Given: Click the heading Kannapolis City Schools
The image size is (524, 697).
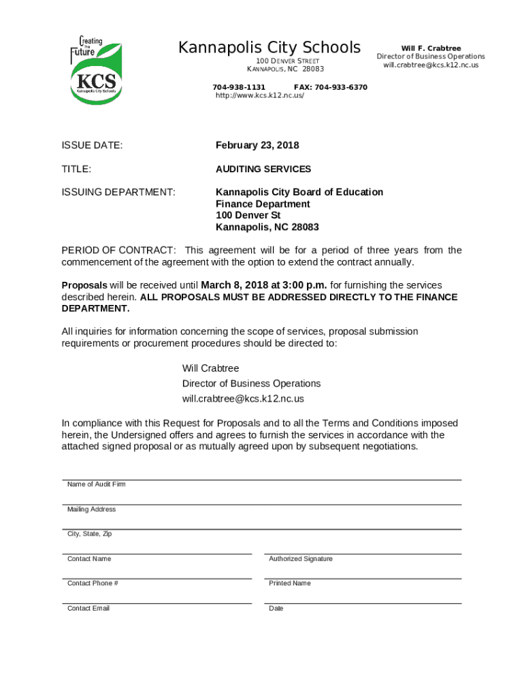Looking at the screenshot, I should click(x=269, y=48).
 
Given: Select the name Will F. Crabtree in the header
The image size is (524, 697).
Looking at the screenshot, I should click(x=431, y=48).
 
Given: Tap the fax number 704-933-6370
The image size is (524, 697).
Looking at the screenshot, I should click(x=330, y=88).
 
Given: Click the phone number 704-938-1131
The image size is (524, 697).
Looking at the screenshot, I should click(x=239, y=88).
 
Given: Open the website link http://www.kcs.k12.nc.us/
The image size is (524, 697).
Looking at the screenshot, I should click(x=259, y=96).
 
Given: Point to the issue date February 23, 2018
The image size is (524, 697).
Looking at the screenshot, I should click(x=257, y=146).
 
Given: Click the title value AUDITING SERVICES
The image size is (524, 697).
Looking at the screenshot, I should click(x=263, y=169).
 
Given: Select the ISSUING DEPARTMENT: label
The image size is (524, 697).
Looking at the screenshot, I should click(x=118, y=193).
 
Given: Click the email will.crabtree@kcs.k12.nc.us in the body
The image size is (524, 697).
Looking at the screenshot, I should click(x=243, y=399).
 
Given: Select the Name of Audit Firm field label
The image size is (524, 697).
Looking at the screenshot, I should click(x=96, y=485).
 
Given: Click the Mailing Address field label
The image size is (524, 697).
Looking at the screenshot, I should click(x=91, y=510).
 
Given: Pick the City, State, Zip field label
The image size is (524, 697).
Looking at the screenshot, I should click(x=89, y=534).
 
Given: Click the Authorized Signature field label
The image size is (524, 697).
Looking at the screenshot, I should click(x=301, y=559).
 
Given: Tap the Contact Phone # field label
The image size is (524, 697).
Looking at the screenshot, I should click(x=93, y=583).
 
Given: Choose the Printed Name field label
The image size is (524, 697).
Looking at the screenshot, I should click(x=289, y=583).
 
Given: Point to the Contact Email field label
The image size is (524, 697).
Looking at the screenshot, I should click(x=88, y=609).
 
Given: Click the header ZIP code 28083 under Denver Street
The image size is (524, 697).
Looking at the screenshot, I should click(x=313, y=69).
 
